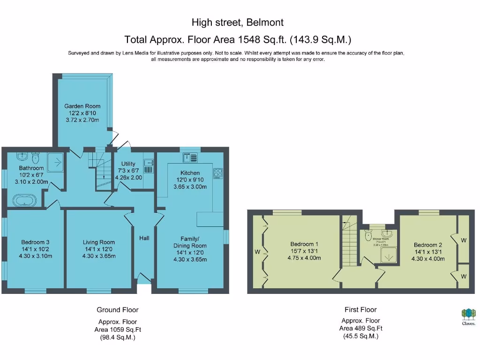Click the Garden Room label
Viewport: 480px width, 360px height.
pyautogui.click(x=82, y=106)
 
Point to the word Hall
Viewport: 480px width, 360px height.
pyautogui.click(x=144, y=238)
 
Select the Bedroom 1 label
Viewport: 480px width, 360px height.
pyautogui.click(x=304, y=244)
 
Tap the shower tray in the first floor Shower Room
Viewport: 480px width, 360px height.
pyautogui.click(x=389, y=256)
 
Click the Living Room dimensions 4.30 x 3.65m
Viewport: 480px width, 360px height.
pyautogui.click(x=99, y=256)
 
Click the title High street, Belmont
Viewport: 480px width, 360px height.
pyautogui.click(x=238, y=22)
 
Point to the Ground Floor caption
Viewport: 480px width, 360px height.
pyautogui.click(x=117, y=309)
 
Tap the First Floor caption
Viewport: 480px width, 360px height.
pyautogui.click(x=360, y=309)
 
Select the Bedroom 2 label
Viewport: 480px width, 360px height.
pyautogui.click(x=428, y=245)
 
